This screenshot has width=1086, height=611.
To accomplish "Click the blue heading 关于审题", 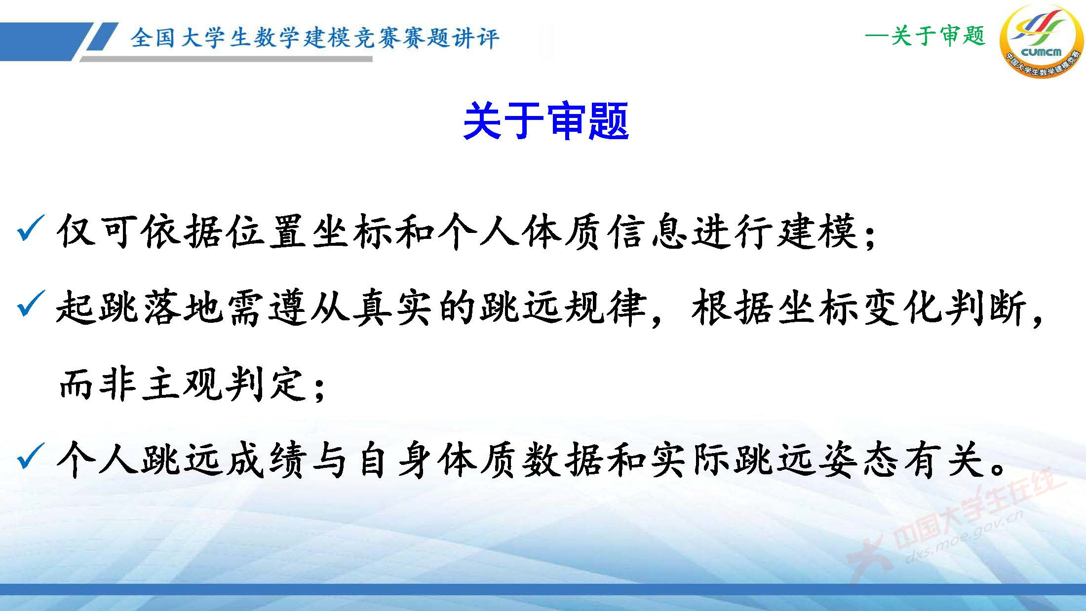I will point(545,121).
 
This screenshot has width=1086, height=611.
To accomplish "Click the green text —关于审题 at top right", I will point(925,36).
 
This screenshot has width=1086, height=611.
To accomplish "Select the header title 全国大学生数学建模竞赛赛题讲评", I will point(314,38).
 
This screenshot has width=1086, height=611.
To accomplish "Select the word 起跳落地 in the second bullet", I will point(139,307).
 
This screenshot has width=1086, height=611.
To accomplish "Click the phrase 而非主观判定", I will point(180,383).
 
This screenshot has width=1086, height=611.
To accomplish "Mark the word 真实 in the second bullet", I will point(395,307).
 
